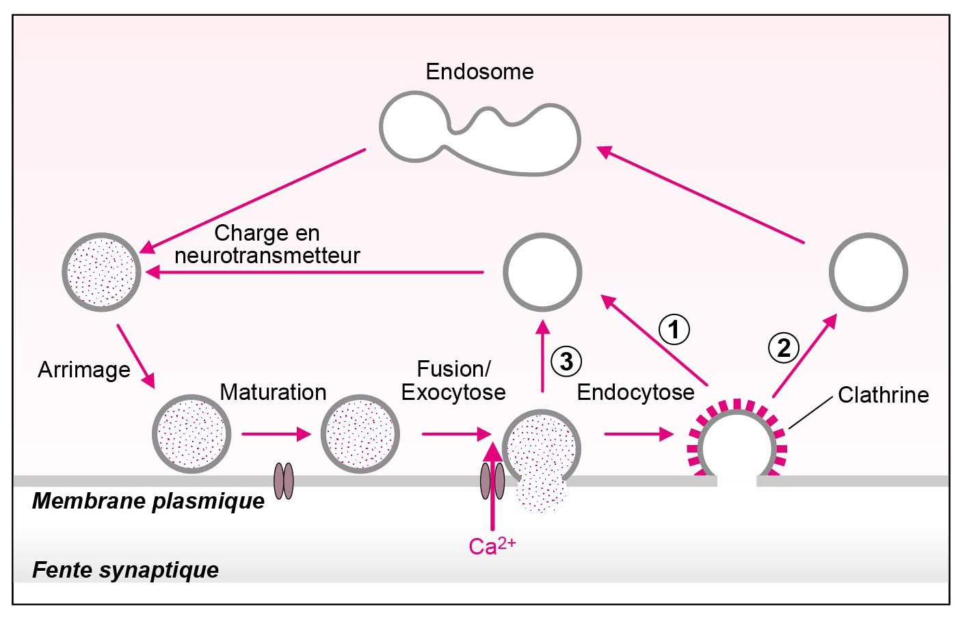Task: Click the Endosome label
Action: tap(479, 72)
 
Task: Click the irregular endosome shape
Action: tap(479, 136)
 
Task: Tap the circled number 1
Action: tap(674, 329)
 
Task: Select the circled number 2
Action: tap(783, 347)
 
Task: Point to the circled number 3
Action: tap(566, 361)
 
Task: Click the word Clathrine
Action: tap(883, 395)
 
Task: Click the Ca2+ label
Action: tap(492, 545)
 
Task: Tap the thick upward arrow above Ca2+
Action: tap(492, 485)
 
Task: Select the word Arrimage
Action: tap(84, 370)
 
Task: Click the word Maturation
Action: tap(273, 392)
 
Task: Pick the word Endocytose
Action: tap(635, 392)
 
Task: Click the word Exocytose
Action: tap(453, 392)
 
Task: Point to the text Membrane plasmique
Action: tap(148, 501)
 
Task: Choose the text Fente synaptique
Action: tap(126, 569)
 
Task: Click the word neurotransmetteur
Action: tap(267, 256)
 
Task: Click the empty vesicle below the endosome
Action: tap(542, 272)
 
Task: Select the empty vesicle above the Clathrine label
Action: tap(868, 272)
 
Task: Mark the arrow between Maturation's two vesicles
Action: tap(276, 434)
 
